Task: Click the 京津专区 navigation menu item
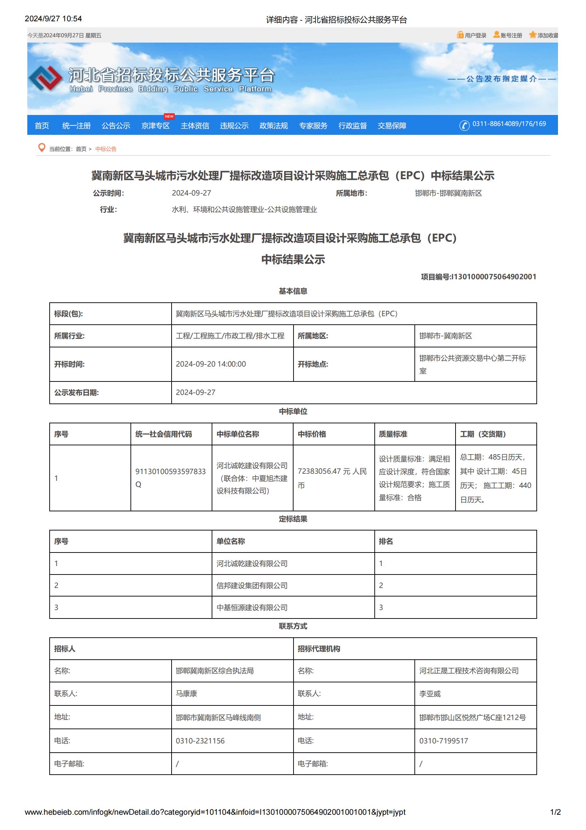155,125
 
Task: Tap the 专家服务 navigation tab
313,125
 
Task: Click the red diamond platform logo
45,78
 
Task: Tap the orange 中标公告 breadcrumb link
106,149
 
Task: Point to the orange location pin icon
42,148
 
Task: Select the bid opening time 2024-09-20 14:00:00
211,364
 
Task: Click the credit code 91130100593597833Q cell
171,478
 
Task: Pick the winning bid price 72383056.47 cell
332,478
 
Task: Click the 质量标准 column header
393,434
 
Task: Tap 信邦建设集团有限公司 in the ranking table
252,585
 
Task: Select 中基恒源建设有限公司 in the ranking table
252,607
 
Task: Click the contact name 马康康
186,693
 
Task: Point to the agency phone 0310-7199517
443,741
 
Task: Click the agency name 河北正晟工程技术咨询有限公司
469,671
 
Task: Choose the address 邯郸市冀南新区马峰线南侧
218,717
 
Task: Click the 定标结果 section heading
293,519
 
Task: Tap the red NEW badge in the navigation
169,116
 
